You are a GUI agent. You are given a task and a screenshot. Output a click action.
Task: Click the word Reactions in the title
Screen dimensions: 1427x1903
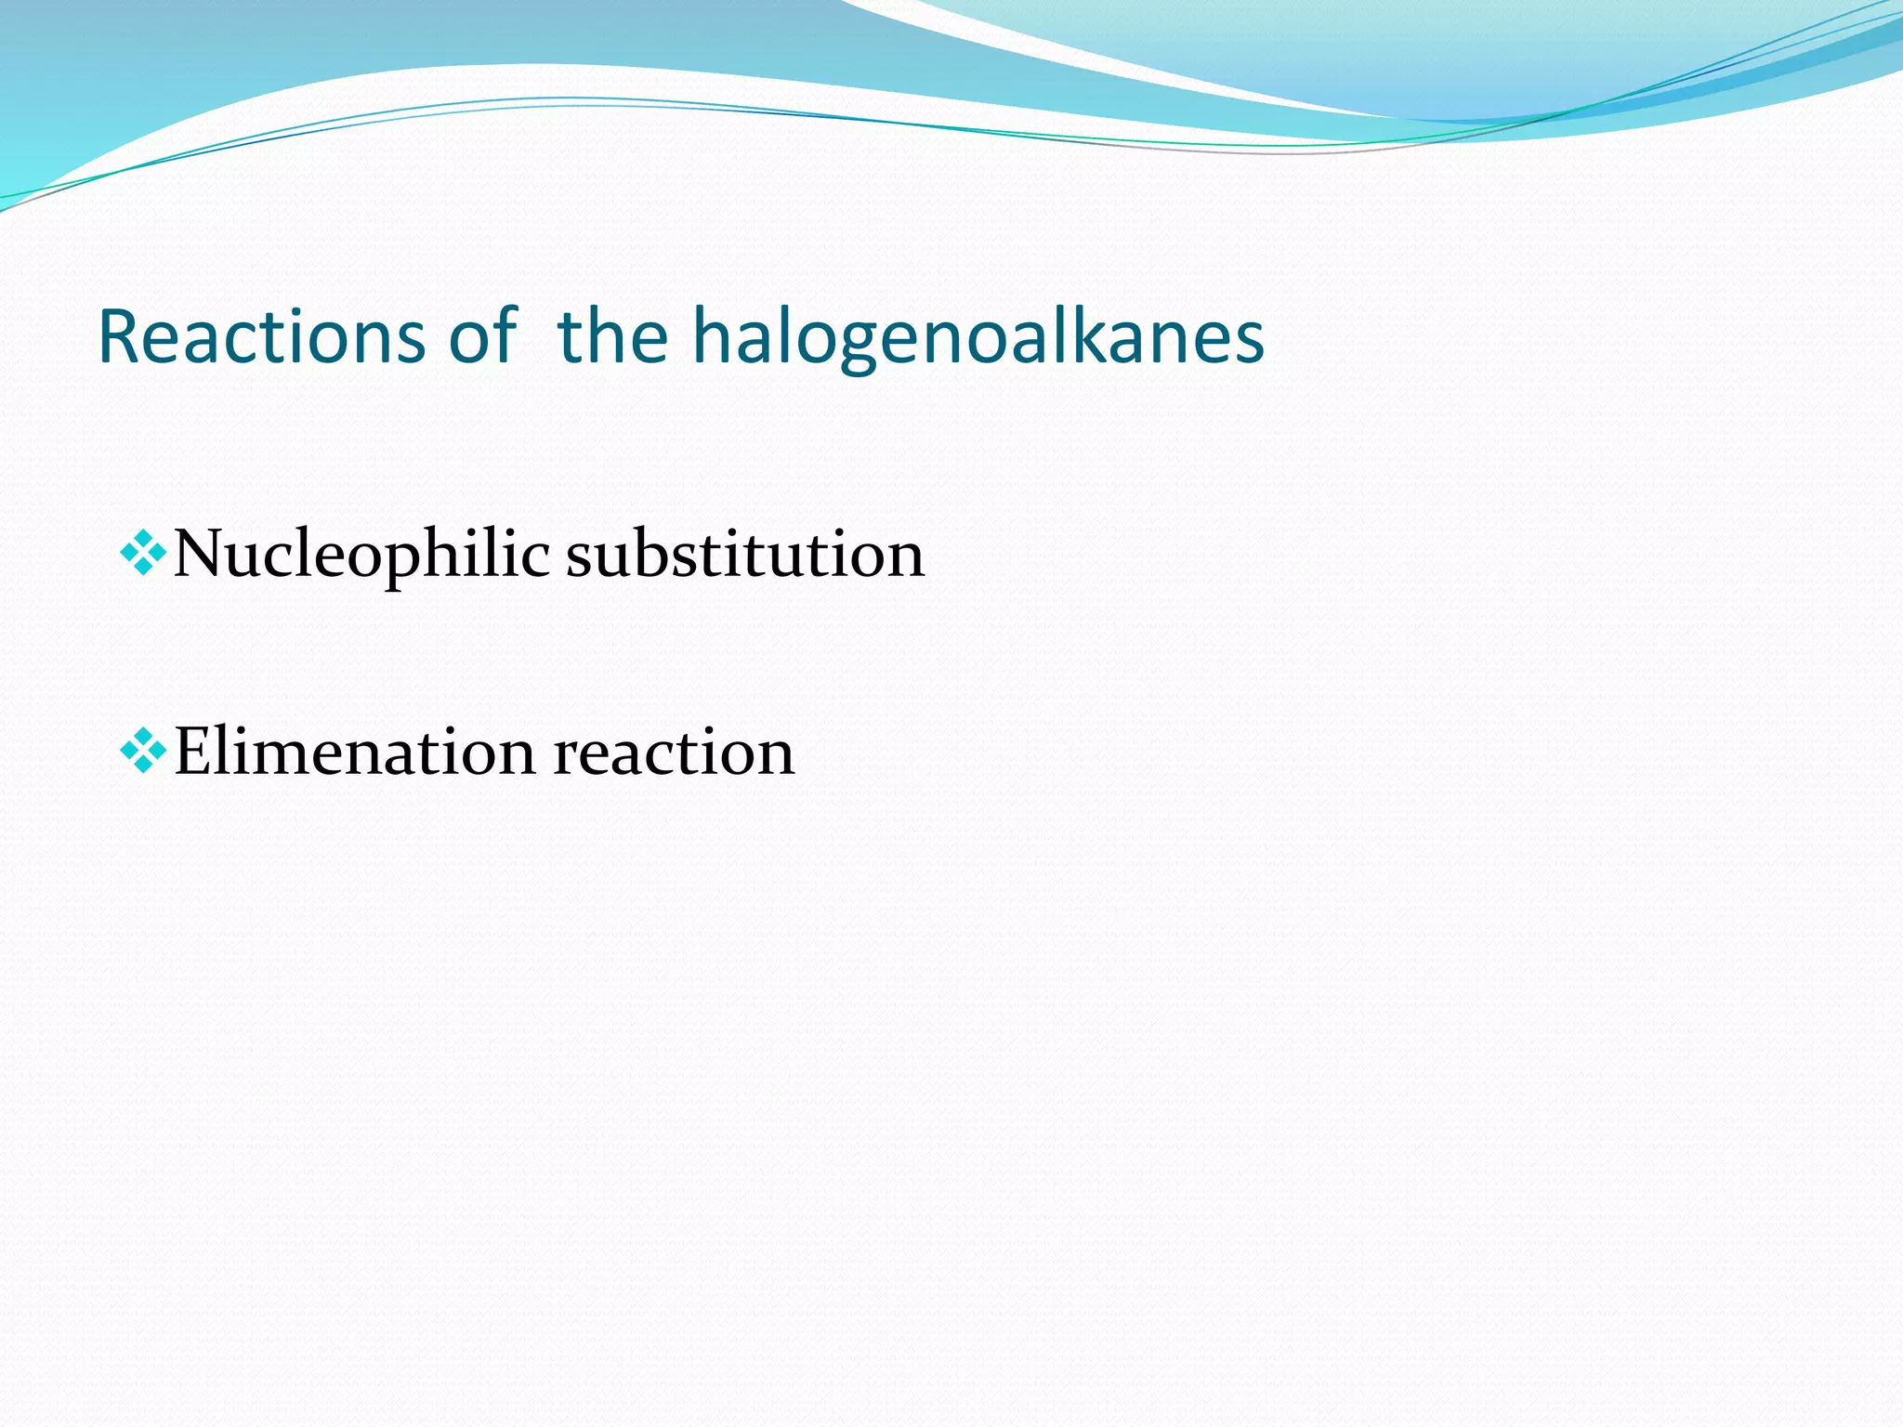click(261, 335)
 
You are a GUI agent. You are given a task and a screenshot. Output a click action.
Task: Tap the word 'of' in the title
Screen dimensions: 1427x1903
click(481, 335)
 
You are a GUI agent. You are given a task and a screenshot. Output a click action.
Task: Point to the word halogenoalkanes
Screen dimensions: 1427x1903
click(978, 335)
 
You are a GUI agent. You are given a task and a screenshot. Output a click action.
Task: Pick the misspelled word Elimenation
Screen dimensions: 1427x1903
click(354, 752)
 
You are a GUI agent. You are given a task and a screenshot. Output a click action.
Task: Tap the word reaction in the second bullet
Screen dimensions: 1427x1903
click(674, 752)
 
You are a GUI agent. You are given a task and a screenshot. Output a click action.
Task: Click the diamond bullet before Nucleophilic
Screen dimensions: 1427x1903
click(143, 554)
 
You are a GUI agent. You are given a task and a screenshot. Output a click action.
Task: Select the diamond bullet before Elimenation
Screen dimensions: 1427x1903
click(143, 751)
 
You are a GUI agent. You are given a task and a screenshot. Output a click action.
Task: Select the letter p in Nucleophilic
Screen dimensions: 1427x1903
click(404, 561)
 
